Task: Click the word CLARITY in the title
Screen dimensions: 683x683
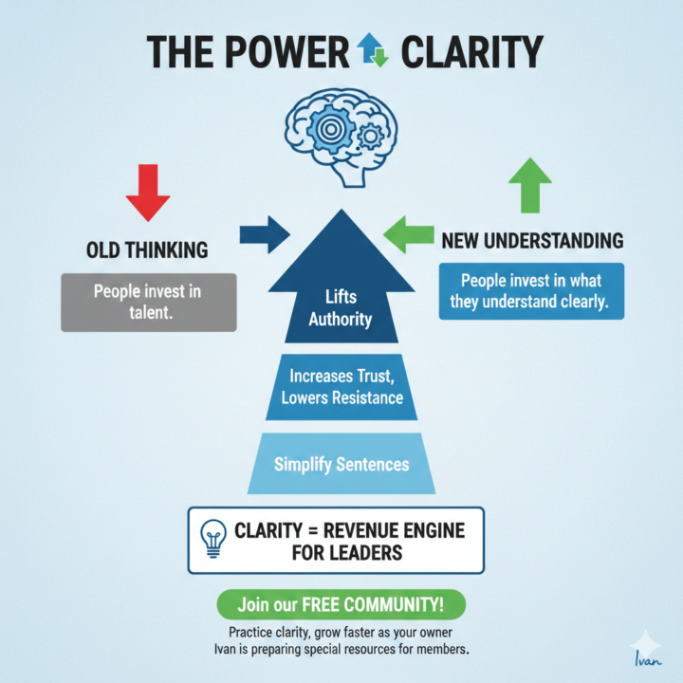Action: [x=471, y=52]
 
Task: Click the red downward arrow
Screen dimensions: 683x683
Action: [x=148, y=193]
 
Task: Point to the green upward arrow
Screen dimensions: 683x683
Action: [x=529, y=185]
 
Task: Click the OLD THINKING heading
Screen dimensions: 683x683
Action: [x=147, y=250]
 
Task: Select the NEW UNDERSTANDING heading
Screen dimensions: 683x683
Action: [x=532, y=241]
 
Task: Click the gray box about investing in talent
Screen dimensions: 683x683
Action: [x=147, y=302]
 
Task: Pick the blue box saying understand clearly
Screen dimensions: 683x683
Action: [x=531, y=291]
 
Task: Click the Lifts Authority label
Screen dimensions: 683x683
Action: [x=341, y=309]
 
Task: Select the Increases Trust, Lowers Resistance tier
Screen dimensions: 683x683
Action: [x=341, y=387]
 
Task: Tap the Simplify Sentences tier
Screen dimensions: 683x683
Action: [x=341, y=465]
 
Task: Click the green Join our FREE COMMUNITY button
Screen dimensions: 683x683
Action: [x=341, y=603]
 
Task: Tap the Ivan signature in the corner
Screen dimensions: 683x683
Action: [x=645, y=655]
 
